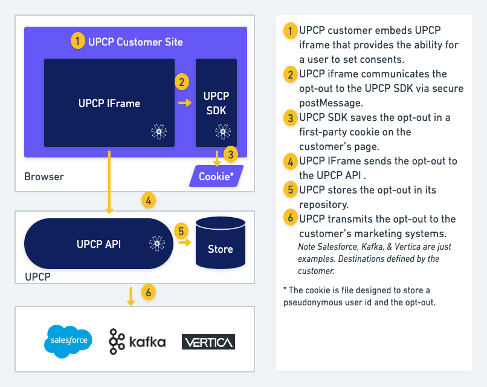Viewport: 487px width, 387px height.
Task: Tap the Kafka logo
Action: pos(137,342)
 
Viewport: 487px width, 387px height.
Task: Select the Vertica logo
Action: pos(208,342)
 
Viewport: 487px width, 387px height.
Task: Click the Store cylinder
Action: pos(221,243)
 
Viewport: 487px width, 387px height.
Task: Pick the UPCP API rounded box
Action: pos(98,244)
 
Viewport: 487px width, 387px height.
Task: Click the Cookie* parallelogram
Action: pos(216,176)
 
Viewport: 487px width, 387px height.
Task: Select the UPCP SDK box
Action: pos(216,103)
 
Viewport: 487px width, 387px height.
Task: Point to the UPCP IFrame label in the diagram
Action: pos(109,103)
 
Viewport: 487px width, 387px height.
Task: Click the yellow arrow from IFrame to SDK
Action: pos(184,103)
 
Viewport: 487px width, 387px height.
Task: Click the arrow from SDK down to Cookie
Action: pos(216,158)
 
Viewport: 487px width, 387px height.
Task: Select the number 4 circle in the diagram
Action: pos(149,199)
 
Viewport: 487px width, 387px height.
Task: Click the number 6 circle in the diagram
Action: pos(149,293)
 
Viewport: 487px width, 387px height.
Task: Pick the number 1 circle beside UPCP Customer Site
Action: pos(77,41)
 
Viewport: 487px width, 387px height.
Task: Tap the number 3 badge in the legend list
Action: pos(290,118)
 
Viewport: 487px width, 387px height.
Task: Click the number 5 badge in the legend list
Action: pos(290,190)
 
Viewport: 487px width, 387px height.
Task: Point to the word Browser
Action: pos(44,177)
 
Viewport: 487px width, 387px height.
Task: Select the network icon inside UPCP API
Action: pos(157,244)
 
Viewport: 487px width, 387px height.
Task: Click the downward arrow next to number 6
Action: pos(131,296)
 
